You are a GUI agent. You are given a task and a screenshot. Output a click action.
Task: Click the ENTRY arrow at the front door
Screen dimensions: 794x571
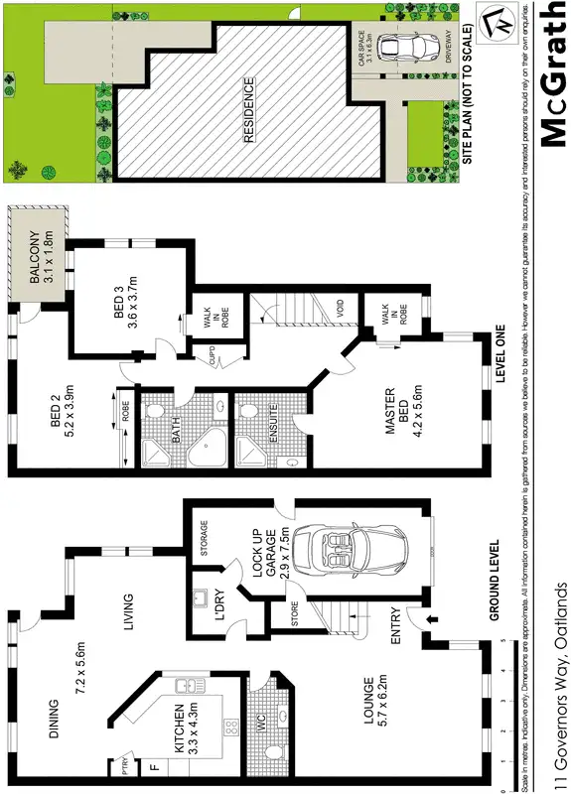429,620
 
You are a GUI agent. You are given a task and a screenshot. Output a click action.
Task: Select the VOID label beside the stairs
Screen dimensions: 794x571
339,309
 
